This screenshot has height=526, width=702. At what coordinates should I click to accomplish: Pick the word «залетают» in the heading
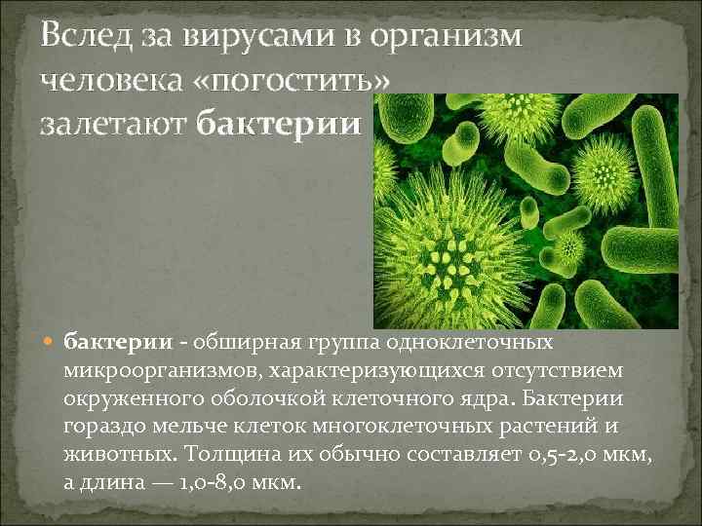113,125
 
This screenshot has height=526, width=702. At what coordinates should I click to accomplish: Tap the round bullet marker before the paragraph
52,343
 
